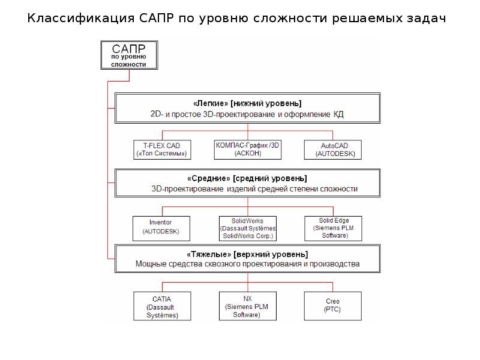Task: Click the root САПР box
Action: (129, 55)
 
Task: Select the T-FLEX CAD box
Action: (162, 149)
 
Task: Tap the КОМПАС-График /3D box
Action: (248, 149)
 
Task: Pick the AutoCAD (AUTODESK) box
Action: (333, 149)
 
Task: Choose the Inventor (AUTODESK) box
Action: (161, 229)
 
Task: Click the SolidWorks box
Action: (248, 229)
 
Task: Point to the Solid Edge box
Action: (333, 229)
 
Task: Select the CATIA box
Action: (162, 306)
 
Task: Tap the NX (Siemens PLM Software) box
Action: (248, 306)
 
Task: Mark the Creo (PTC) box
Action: (333, 306)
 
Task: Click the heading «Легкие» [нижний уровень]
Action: (247, 103)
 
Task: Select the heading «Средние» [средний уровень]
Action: (247, 178)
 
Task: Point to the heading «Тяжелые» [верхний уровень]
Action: (247, 254)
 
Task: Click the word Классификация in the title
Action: (81, 19)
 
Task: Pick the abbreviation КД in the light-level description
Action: (338, 115)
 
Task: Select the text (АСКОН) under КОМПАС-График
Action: (248, 154)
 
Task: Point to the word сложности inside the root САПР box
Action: (128, 65)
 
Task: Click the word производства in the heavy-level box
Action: (335, 264)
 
